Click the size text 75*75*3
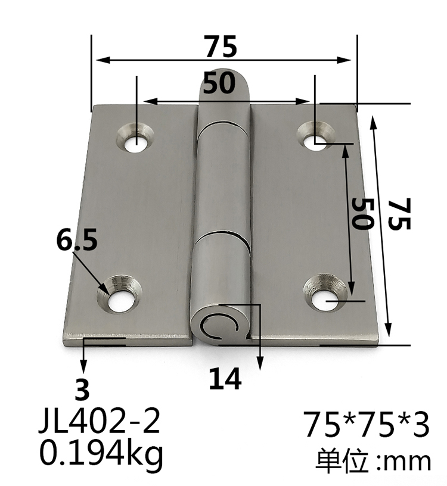click(x=366, y=425)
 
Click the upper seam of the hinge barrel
click(x=223, y=124)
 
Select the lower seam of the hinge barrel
click(x=223, y=232)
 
